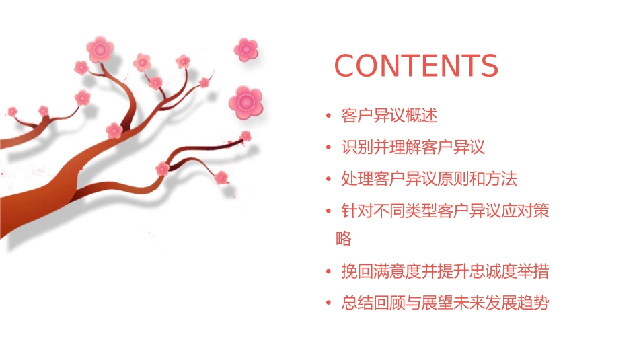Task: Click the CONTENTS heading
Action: point(416,66)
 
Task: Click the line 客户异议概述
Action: point(389,116)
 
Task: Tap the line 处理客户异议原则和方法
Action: point(429,179)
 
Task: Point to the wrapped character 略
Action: point(343,239)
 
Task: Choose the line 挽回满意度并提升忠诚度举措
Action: point(445,271)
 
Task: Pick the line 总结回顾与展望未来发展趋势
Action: point(445,303)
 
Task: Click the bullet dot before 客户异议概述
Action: point(328,116)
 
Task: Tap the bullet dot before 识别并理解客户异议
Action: point(328,148)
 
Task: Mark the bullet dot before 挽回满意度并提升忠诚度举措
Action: point(328,272)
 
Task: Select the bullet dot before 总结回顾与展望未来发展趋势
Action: point(328,303)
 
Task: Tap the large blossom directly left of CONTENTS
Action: point(246,102)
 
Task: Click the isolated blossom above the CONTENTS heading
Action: point(246,48)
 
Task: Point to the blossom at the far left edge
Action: point(12,111)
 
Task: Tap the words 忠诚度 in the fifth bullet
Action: point(493,271)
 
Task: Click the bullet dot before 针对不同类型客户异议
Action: point(328,212)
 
